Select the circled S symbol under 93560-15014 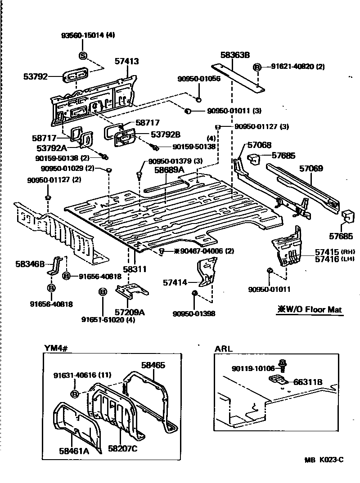[x=83, y=55]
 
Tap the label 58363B [x=234, y=55]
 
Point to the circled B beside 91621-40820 [x=257, y=67]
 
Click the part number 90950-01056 [x=198, y=78]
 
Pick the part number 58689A [x=170, y=170]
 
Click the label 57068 [x=259, y=145]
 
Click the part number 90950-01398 [x=194, y=313]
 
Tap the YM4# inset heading [x=55, y=347]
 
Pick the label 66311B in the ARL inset [x=308, y=382]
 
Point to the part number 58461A [x=74, y=449]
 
